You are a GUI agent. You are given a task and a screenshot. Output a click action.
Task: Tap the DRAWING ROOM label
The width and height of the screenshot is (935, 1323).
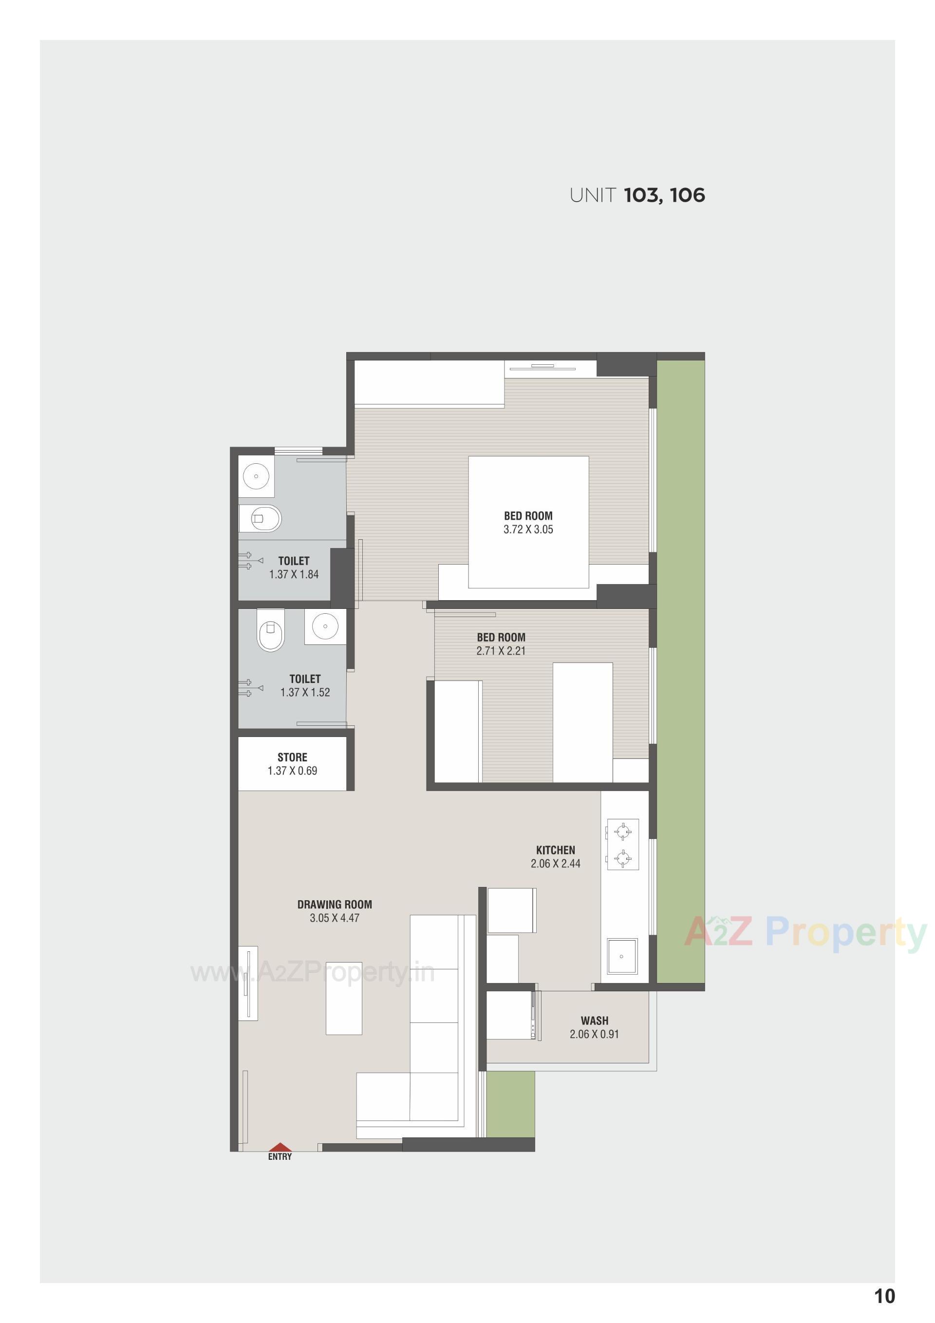pos(334,905)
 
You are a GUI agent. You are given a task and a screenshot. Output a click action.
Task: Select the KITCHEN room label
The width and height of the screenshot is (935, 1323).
pos(555,850)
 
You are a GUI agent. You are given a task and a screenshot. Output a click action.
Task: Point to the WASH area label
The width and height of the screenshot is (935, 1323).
pos(595,1021)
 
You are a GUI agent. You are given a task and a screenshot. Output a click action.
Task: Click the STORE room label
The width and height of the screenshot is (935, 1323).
pos(292,757)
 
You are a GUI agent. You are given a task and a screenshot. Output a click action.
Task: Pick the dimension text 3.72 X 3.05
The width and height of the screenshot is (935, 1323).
pos(528,529)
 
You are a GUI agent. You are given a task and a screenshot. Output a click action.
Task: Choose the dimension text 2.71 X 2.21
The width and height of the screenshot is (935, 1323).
pos(501,651)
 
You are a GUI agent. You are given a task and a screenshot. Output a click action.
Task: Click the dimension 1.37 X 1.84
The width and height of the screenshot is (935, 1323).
pos(294,574)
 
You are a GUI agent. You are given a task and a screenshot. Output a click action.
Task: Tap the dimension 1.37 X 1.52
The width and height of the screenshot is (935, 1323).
pos(305,693)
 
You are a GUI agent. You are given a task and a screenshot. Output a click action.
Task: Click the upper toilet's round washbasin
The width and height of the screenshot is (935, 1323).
pos(256,476)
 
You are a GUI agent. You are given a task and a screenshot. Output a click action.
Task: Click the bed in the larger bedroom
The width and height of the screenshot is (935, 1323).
pos(528,522)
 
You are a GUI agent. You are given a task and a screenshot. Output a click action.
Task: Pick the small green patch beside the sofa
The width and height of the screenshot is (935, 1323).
pos(510,1105)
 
